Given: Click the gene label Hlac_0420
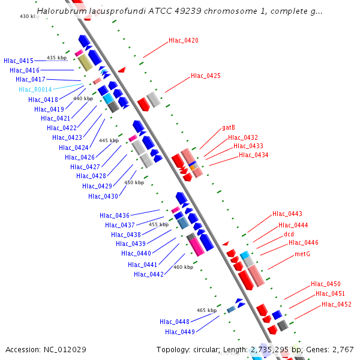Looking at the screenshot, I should [183, 40].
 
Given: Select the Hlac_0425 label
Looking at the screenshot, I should [206, 76].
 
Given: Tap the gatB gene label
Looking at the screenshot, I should [228, 127].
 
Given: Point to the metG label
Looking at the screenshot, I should [302, 253].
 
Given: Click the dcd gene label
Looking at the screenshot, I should [289, 233].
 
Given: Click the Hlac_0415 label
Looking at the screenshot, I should [19, 61].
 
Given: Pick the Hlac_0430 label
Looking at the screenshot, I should [103, 196].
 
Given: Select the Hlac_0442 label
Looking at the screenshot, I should [149, 274].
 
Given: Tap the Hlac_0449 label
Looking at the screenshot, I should [180, 332].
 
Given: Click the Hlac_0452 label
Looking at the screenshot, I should [337, 304].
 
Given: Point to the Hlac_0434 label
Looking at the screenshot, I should [254, 155].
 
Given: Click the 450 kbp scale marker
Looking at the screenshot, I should [134, 182].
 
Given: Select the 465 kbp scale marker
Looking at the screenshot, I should [206, 310].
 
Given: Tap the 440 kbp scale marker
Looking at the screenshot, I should [83, 98].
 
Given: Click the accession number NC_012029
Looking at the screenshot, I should [70, 349].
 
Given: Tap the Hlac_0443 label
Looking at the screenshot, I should [287, 214].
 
